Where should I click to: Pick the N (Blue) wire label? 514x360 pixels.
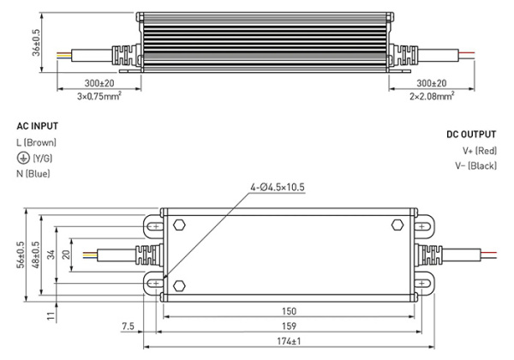tap(33, 174)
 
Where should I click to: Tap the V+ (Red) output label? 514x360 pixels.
tap(479, 151)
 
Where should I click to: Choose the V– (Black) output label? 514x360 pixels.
tap(475, 167)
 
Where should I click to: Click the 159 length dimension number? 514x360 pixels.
tap(294, 327)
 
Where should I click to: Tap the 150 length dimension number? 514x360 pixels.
tap(293, 310)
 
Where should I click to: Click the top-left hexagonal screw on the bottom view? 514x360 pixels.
tap(179, 225)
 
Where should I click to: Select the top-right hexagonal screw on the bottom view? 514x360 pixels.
tap(397, 225)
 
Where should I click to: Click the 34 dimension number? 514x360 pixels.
tap(53, 255)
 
